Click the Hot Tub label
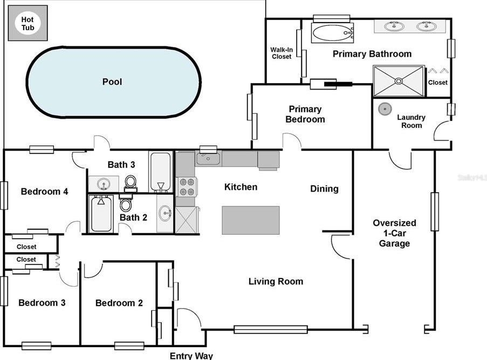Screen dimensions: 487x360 click(28, 24)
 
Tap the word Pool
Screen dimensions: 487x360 click(112, 81)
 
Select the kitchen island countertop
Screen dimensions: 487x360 click(251, 220)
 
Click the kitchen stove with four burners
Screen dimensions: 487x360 click(187, 187)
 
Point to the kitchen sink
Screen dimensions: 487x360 click(208, 159)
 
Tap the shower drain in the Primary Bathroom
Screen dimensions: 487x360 click(399, 81)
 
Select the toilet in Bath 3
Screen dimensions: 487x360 click(131, 184)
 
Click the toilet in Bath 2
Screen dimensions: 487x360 click(126, 202)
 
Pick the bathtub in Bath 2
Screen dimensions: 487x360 click(101, 214)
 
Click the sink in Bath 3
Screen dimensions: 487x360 click(103, 185)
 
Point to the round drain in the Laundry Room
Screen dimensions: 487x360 click(385, 109)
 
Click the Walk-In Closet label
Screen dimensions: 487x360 click(282, 53)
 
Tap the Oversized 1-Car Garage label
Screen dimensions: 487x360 click(394, 233)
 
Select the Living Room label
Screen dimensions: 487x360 click(276, 281)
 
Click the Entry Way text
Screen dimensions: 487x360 click(191, 356)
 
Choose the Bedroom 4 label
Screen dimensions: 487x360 click(44, 192)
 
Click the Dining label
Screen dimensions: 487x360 click(324, 189)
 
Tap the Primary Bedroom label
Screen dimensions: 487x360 click(305, 114)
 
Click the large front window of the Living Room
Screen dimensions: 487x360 click(271, 330)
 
